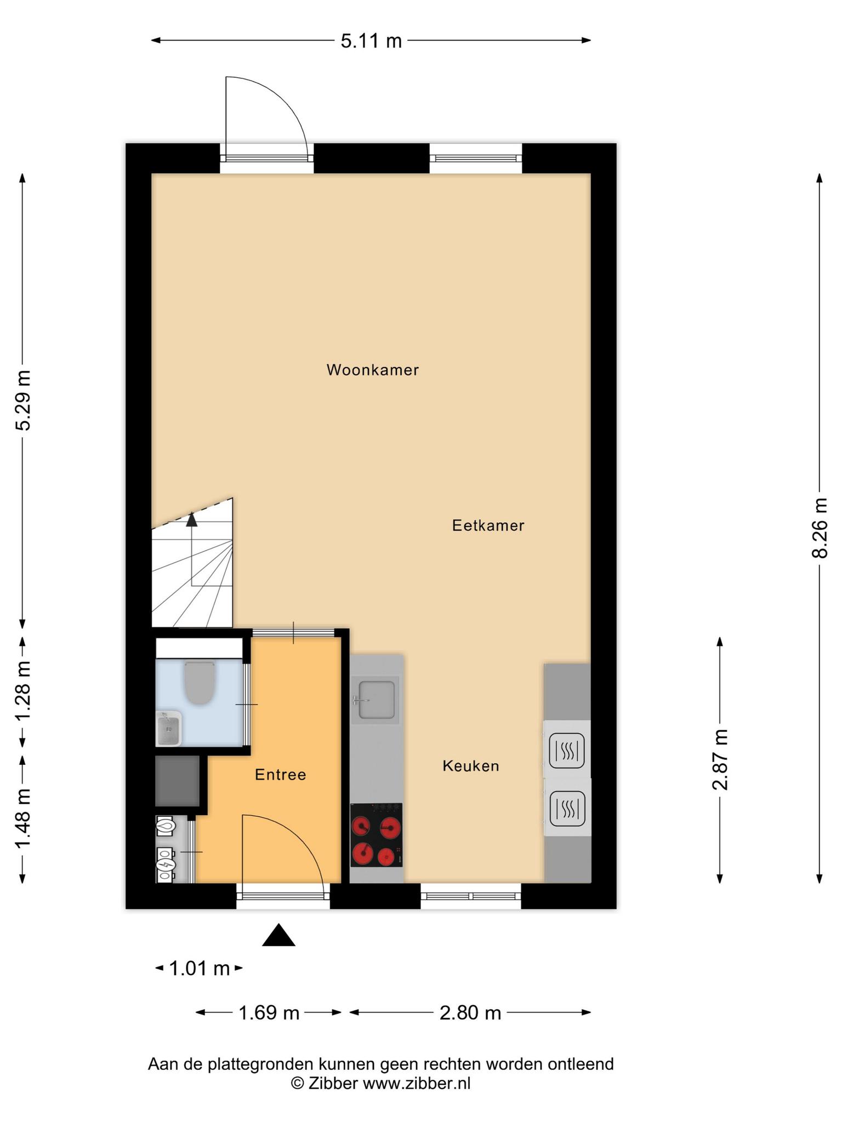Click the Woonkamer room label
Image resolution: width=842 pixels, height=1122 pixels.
[373, 370]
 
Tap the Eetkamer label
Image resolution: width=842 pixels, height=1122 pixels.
[488, 525]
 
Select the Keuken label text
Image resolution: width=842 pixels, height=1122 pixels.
[471, 765]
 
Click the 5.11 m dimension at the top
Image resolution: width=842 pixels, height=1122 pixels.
[371, 41]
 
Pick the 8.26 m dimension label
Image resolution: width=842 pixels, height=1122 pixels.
[819, 528]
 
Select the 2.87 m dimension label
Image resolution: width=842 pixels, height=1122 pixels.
[720, 759]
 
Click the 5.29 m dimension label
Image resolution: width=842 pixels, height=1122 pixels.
[23, 400]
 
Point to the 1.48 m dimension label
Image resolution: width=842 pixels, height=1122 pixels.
[23, 819]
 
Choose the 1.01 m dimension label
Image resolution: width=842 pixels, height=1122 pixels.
[199, 968]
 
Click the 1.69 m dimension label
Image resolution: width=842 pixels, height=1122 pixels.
[269, 1012]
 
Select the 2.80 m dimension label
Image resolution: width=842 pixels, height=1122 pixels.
[470, 1012]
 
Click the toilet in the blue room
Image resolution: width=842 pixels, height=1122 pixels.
[200, 683]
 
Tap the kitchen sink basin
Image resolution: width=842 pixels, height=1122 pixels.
[376, 700]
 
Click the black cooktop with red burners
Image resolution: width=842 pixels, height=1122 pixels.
[376, 835]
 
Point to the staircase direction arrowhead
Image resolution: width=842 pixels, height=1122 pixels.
[191, 519]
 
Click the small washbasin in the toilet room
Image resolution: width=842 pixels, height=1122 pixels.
[169, 729]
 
